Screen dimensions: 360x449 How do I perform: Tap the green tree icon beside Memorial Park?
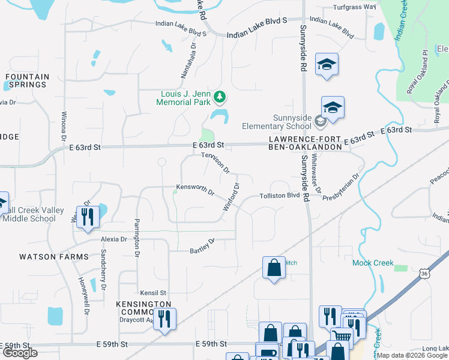220,96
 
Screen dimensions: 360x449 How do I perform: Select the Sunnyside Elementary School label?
276,121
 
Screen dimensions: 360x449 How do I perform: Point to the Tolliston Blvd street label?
279,196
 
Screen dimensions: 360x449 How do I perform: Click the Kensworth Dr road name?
195,190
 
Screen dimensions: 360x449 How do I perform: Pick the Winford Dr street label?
232,196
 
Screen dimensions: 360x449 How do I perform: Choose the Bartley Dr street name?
202,246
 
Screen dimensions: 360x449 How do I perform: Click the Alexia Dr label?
115,239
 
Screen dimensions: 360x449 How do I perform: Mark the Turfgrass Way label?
354,7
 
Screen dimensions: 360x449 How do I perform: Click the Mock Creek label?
372,263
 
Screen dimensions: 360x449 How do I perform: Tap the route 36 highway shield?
424,274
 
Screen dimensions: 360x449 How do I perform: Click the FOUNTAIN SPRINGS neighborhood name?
27,80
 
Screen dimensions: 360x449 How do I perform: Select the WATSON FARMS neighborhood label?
54,257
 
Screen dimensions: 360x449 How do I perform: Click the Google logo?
20,353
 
